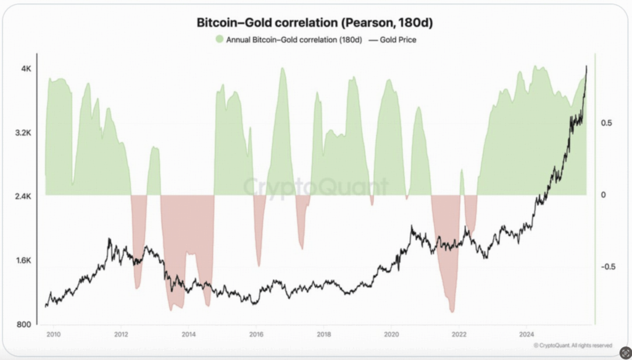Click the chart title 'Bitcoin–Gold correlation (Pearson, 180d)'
coord(315,23)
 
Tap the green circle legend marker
coord(219,40)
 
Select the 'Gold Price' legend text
coord(401,40)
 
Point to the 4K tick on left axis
coord(27,69)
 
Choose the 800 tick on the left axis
coord(25,324)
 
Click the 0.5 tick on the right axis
coord(606,123)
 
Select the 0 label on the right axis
coord(602,195)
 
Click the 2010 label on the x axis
coord(53,334)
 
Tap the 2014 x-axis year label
coord(189,334)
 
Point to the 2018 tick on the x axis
coord(323,334)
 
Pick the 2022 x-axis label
coord(459,334)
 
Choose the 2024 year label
coord(526,334)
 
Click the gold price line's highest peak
coord(586,67)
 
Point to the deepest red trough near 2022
coord(453,311)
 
